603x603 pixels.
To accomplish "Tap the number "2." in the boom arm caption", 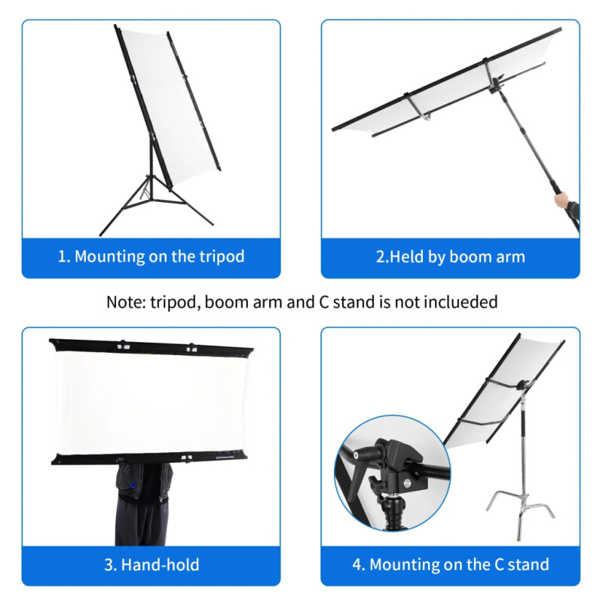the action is (383, 257).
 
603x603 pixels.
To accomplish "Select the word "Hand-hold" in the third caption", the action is (160, 565).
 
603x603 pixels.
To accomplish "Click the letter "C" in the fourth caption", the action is (499, 565).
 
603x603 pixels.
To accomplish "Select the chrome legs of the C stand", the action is (520, 507).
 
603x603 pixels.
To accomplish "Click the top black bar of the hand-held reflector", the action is (152, 346).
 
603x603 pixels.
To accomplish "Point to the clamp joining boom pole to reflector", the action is (496, 84).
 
